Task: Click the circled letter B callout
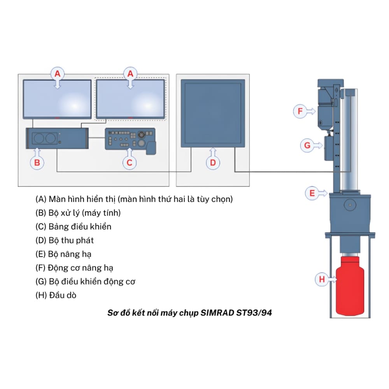pyautogui.click(x=37, y=163)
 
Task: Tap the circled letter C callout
pyautogui.click(x=129, y=163)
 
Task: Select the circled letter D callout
pyautogui.click(x=213, y=163)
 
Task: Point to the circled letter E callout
pyautogui.click(x=312, y=193)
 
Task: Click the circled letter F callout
pyautogui.click(x=300, y=111)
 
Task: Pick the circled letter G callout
pyautogui.click(x=307, y=145)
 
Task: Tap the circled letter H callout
pyautogui.click(x=322, y=279)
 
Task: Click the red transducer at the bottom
pyautogui.click(x=350, y=286)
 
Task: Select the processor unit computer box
pyautogui.click(x=57, y=138)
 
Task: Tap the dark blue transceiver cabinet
pyautogui.click(x=213, y=113)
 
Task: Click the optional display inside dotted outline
pyautogui.click(x=130, y=99)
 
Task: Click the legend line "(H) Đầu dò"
pyautogui.click(x=56, y=295)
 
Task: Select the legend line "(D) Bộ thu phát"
pyautogui.click(x=65, y=240)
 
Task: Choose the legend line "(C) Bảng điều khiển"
pyautogui.click(x=74, y=226)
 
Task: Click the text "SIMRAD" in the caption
pyautogui.click(x=217, y=313)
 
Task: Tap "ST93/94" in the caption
pyautogui.click(x=254, y=313)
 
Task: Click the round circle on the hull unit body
pyautogui.click(x=350, y=205)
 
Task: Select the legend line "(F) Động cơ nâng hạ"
pyautogui.click(x=74, y=268)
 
